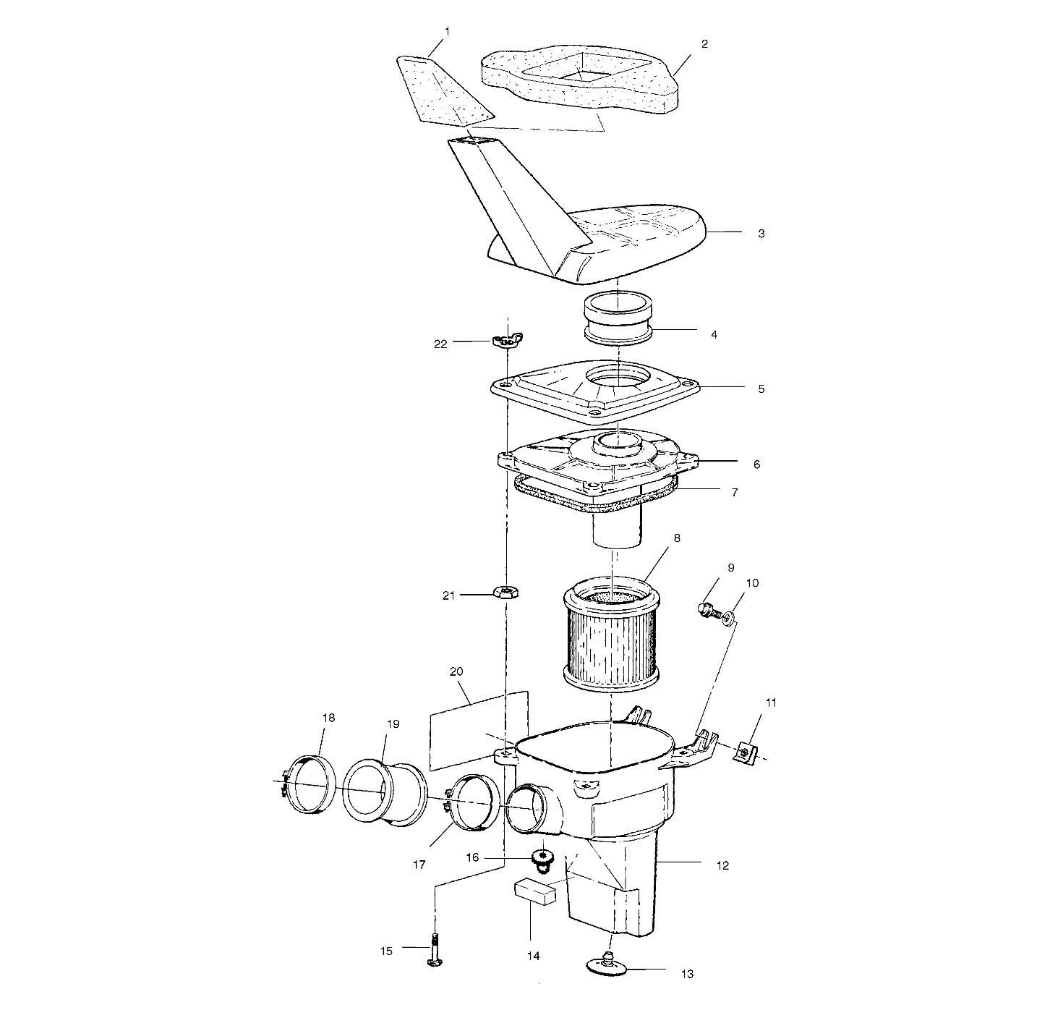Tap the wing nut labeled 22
507,340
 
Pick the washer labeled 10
729,617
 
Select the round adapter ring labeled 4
618,316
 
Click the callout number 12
722,865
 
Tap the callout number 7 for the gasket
734,492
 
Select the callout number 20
456,671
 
